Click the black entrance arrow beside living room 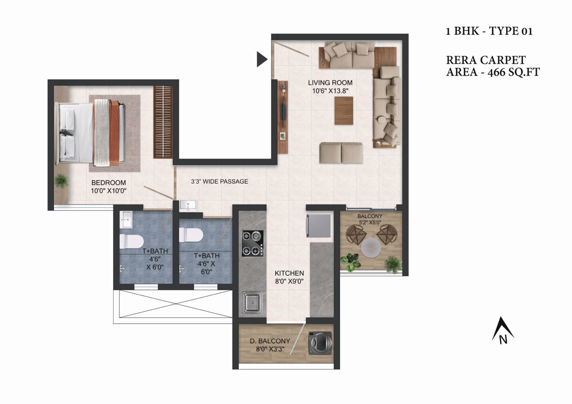[261, 59]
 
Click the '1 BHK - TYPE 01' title [489, 31]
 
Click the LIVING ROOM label [330, 83]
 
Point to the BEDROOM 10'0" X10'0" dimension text [108, 191]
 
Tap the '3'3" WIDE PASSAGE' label [219, 181]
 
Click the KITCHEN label [289, 273]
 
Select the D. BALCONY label [270, 341]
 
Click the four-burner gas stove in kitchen [252, 243]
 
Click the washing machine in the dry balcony [320, 343]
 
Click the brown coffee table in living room [344, 110]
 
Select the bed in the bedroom [92, 133]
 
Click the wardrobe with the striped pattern [163, 122]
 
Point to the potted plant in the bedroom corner [62, 181]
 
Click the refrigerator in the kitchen [318, 225]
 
